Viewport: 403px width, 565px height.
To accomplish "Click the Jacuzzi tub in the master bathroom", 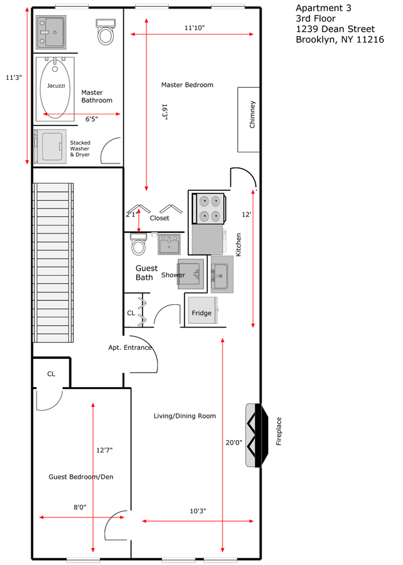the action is coord(55,88).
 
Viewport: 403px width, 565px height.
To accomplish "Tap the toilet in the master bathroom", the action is coord(105,32).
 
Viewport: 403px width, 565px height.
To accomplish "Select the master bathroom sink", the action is coord(51,33).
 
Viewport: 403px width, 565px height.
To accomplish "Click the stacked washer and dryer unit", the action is coord(50,146).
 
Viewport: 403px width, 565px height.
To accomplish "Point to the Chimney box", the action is coord(249,120).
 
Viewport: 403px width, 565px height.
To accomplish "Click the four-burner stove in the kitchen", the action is coord(208,209).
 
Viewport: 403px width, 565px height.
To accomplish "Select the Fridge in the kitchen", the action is coord(202,310).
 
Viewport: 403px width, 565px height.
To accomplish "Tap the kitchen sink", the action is coord(222,274).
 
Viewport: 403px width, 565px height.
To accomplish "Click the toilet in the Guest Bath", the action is coord(138,244).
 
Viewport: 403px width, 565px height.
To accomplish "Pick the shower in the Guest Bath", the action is coord(190,274).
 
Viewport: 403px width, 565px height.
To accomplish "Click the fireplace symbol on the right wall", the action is coord(257,436).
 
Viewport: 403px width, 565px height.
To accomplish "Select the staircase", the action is coord(54,263).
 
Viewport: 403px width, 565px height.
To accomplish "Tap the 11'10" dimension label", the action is coord(195,27).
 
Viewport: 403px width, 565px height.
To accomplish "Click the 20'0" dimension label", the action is coord(234,443).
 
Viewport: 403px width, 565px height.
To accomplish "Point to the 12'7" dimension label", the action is coord(105,450).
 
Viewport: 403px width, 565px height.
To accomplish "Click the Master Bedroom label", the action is coord(187,85).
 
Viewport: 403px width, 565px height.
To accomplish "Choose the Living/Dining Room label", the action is coord(185,416).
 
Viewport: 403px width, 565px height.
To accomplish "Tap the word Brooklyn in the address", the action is coord(316,40).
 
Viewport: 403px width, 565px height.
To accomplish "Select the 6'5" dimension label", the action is coord(92,119).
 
